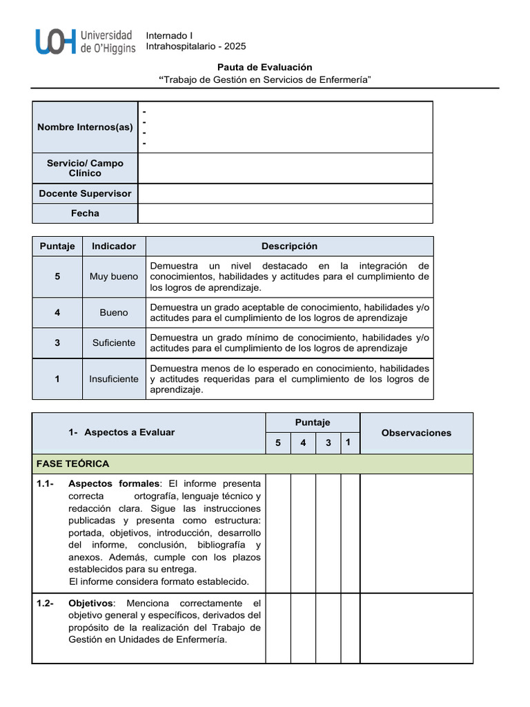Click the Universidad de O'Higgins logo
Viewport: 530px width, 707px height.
[85, 41]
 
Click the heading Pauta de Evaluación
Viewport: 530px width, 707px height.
[265, 67]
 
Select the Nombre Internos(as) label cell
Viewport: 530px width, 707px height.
[85, 127]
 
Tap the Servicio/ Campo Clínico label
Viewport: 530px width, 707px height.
[85, 168]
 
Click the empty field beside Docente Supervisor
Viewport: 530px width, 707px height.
[285, 193]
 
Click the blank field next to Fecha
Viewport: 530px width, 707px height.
[285, 213]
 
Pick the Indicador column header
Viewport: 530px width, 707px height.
[114, 246]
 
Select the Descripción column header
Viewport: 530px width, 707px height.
[289, 246]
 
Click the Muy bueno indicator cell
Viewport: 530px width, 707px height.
[114, 277]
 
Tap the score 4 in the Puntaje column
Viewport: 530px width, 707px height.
[57, 313]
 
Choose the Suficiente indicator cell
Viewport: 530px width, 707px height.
[114, 343]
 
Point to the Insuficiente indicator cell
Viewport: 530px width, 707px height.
[114, 379]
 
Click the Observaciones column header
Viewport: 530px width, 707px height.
[416, 433]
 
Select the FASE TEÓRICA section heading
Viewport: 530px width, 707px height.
[73, 464]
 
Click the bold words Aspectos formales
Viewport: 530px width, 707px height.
[114, 483]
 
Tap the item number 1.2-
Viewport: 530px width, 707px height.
[46, 603]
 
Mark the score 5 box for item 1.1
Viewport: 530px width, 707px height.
[278, 533]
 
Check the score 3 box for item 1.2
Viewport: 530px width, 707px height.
[328, 628]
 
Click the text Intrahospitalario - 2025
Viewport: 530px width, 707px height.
[196, 46]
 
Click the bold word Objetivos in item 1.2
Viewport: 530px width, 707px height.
[89, 603]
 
